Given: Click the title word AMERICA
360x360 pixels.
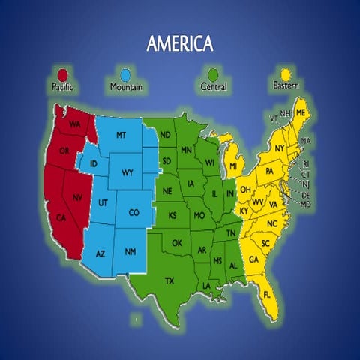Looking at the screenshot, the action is point(179,44).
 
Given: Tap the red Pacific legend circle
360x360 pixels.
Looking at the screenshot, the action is point(62,74).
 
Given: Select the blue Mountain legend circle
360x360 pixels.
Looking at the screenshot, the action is point(124,74).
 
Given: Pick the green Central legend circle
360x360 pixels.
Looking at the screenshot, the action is point(214,74).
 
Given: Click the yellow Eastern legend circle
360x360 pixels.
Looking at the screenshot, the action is point(285,74).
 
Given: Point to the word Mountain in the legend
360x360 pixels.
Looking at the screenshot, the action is point(125,87).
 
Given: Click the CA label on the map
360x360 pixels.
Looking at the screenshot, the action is point(61,218).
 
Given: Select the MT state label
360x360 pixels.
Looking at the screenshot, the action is point(121,135).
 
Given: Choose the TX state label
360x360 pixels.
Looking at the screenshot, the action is point(170,280).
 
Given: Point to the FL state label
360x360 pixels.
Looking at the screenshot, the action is point(268,295).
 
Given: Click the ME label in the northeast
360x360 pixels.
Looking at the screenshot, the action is point(301,112).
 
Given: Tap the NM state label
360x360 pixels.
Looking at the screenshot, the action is point(130,251).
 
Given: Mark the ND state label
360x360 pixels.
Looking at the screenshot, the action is point(165,135).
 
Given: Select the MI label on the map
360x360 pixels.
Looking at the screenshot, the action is point(233,165).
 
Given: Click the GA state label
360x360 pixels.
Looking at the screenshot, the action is point(253,259).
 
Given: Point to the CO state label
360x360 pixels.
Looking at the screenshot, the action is point(133,213).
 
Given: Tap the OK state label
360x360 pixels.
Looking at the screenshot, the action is point(177,242).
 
